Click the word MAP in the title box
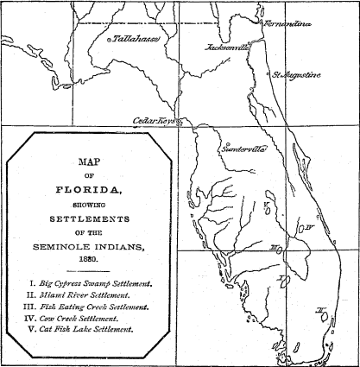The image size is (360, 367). click(x=91, y=161)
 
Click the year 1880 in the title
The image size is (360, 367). click(x=91, y=258)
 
